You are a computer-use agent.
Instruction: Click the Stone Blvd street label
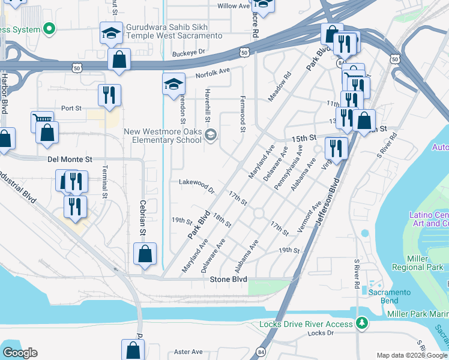[x=229, y=280]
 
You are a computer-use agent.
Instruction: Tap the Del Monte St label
[x=70, y=160]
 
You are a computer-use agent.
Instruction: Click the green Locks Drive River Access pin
[x=361, y=323]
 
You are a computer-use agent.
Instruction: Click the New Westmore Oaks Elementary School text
[x=163, y=136]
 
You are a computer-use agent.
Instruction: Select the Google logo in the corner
[x=20, y=352]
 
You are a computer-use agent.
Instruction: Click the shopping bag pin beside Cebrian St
[x=145, y=254]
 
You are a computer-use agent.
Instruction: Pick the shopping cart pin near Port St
[x=43, y=122]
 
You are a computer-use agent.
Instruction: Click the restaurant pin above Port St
[x=109, y=95]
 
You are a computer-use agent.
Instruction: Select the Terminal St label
[x=104, y=182]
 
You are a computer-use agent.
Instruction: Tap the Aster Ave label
[x=188, y=352]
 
